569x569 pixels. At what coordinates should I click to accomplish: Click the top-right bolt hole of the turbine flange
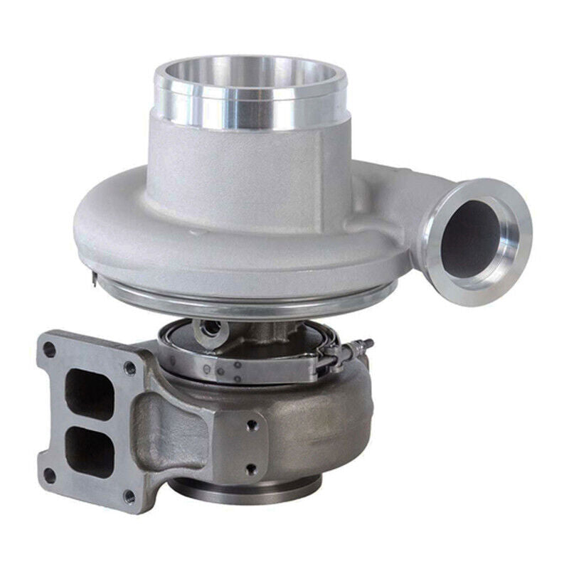[x=129, y=368]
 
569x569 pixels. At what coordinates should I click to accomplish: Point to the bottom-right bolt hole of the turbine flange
[x=129, y=496]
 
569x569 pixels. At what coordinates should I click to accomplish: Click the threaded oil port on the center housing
[x=208, y=328]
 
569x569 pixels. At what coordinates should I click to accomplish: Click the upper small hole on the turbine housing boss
[x=250, y=426]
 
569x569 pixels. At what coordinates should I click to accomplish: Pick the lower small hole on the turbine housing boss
[x=250, y=467]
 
